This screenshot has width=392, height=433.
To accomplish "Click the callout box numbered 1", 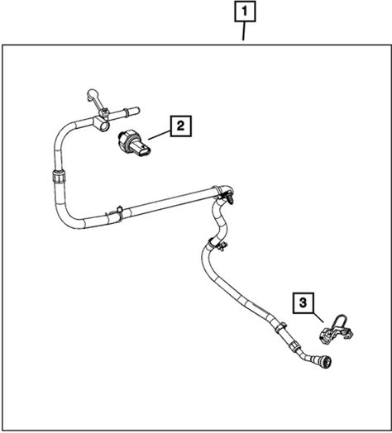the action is (x=245, y=12).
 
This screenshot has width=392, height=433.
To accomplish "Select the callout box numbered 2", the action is (x=181, y=126).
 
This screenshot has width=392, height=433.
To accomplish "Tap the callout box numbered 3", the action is (x=304, y=302).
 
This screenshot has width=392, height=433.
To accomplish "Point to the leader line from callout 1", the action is (x=244, y=31).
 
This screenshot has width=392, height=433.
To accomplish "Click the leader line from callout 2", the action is (x=160, y=136).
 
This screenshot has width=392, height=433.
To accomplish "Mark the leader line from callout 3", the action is (x=318, y=317).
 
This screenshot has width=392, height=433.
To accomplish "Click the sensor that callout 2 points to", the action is (x=135, y=144).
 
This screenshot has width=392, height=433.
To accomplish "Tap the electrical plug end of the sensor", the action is (x=144, y=150).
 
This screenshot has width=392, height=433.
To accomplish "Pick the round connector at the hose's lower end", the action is (x=327, y=361).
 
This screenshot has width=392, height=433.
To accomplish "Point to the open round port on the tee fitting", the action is (x=103, y=126).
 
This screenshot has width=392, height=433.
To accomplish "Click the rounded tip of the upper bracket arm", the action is (x=92, y=93).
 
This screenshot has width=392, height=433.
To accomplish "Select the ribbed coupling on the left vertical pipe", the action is (x=59, y=176).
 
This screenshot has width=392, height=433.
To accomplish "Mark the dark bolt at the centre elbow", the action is (x=229, y=198).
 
